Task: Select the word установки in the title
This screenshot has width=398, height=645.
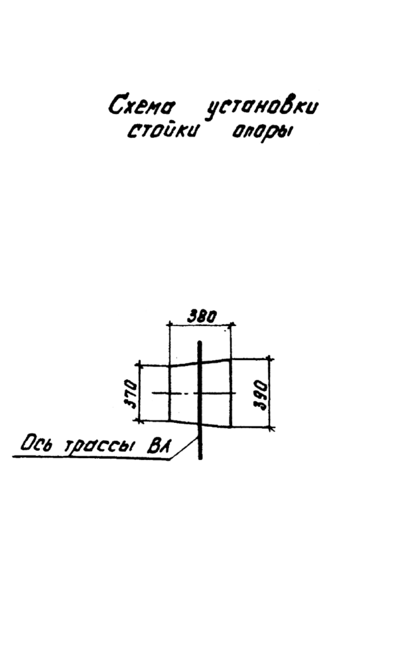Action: [261, 108]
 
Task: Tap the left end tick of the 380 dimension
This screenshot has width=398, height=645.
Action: [169, 325]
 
